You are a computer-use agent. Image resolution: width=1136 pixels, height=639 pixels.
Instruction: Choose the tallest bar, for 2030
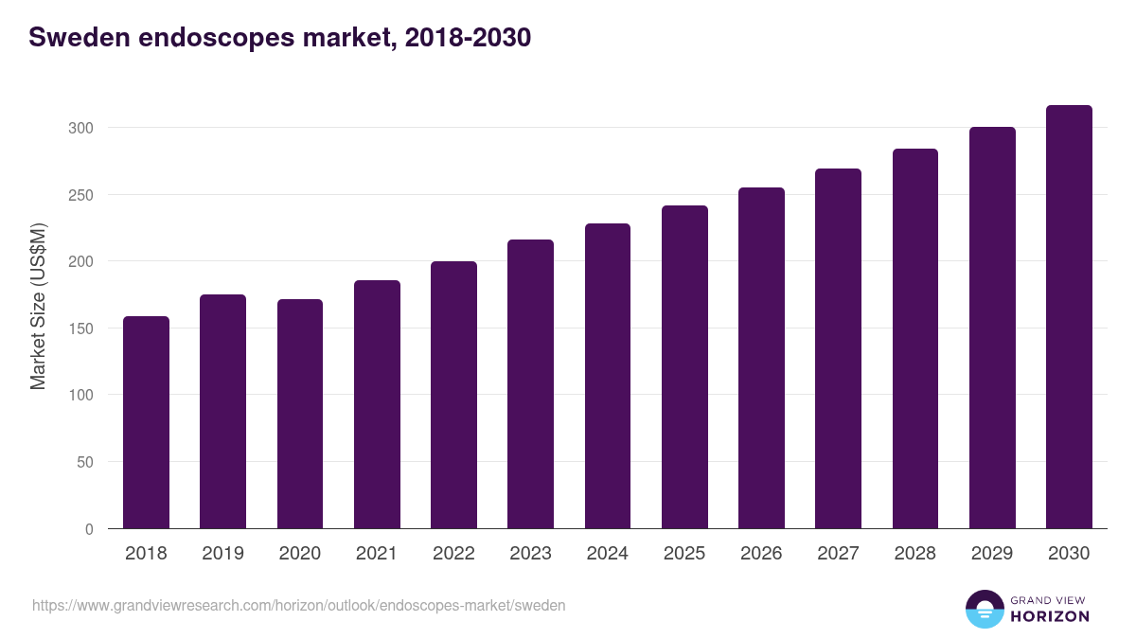point(1069,317)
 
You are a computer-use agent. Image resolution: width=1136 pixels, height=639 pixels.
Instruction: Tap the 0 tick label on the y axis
point(89,529)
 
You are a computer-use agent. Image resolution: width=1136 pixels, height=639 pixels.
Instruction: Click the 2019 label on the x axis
point(222,554)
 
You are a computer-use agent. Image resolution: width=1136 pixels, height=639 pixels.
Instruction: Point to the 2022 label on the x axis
point(453,554)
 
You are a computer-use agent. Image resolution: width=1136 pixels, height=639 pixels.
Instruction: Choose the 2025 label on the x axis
point(684,554)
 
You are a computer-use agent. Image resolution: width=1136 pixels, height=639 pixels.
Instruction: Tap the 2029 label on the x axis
point(992,554)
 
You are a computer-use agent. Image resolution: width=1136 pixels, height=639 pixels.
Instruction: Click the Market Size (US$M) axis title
point(38,305)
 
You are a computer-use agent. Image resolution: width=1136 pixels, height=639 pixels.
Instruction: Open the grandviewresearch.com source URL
point(298,605)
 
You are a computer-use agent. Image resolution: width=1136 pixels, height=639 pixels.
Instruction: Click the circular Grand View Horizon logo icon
point(984,609)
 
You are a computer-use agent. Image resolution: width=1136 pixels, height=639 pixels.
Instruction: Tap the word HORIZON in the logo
point(1050,616)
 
